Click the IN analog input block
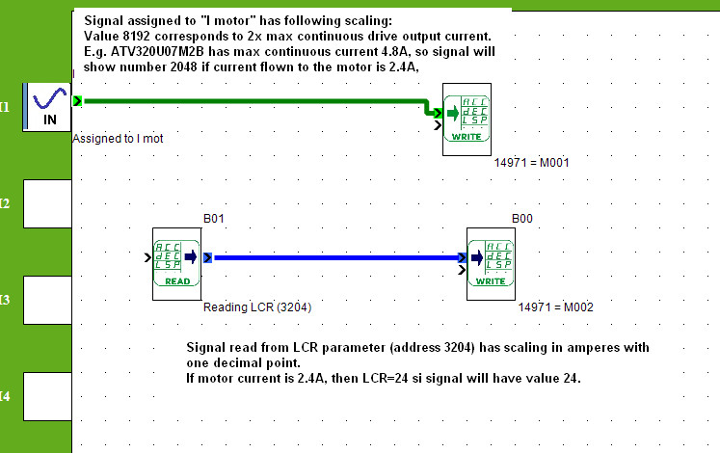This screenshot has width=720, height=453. [x=47, y=107]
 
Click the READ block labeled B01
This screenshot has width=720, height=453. [x=176, y=264]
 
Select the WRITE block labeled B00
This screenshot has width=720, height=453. [x=491, y=264]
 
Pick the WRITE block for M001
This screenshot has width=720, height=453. [x=467, y=120]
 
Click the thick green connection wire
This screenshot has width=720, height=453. [x=257, y=101]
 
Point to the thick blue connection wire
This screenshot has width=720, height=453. [x=336, y=257]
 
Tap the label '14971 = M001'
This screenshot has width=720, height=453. [x=531, y=163]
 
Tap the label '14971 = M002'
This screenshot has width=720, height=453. [x=555, y=307]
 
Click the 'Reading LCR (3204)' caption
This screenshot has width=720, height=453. [x=257, y=307]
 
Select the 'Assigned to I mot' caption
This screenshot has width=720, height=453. [x=118, y=139]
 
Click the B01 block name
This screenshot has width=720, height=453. [x=214, y=219]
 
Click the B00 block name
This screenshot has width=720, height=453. [x=522, y=219]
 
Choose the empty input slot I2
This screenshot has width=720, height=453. [x=47, y=203]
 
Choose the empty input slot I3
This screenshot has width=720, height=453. [x=47, y=300]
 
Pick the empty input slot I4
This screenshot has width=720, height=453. [x=47, y=396]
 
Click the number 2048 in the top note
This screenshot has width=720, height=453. [x=184, y=67]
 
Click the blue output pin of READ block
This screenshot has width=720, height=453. [x=207, y=257]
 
